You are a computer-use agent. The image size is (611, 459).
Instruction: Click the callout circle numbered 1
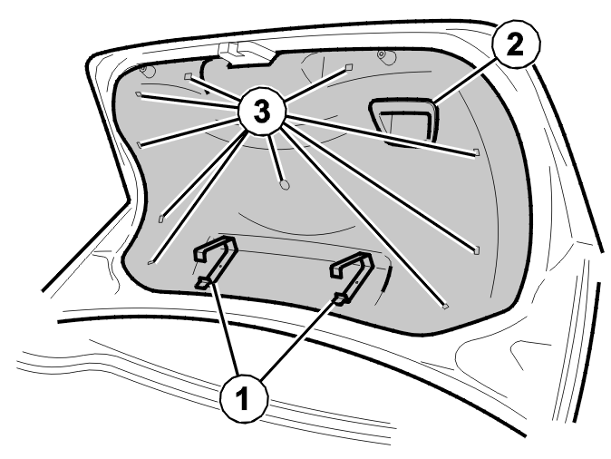pos(244,398)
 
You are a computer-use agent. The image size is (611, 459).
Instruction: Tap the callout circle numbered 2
pos(516,44)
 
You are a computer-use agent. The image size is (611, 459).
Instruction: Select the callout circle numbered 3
pos(262,112)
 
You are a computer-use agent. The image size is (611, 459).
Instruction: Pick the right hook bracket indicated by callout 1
pos(353,276)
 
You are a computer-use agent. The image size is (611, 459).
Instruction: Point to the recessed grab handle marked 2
pos(403,121)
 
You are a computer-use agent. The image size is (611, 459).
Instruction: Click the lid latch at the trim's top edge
pos(247,54)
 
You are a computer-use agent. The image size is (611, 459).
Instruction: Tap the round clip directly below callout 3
pos(286,185)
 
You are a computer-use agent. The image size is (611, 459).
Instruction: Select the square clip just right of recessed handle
pos(476,152)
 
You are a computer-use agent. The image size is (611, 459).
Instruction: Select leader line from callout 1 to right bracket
pos(298,339)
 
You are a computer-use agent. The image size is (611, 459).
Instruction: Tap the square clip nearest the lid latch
pos(189,76)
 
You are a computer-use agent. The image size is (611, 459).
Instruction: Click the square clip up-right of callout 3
pos(348,68)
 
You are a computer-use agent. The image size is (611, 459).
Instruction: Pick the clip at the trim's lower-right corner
pos(445,307)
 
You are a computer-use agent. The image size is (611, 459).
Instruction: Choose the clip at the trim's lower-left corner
pos(150,262)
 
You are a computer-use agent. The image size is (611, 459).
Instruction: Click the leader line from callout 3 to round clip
pos(276,158)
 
